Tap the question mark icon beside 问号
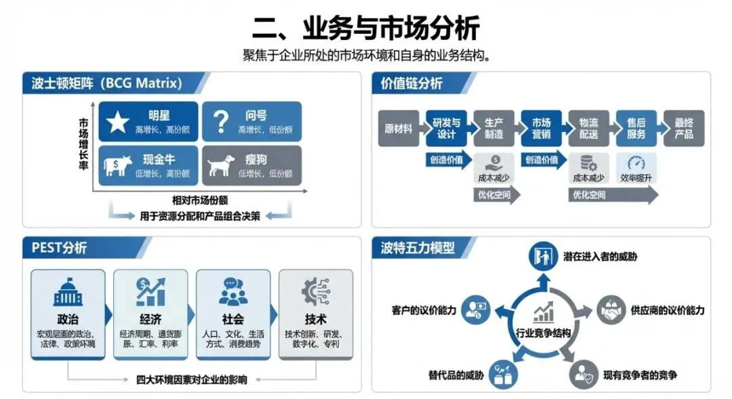coord(220,122)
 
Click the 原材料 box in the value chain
coord(398,129)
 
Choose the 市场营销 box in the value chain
coord(540,129)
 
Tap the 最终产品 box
coord(683,129)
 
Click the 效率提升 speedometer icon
coord(636,163)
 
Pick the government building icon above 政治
coord(68,291)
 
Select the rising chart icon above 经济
coord(150,291)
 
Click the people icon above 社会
coord(233,291)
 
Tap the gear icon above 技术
coord(316,291)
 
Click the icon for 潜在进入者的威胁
coord(542,257)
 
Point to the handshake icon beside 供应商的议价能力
coord(611,310)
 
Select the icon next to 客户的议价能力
coord(474,310)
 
